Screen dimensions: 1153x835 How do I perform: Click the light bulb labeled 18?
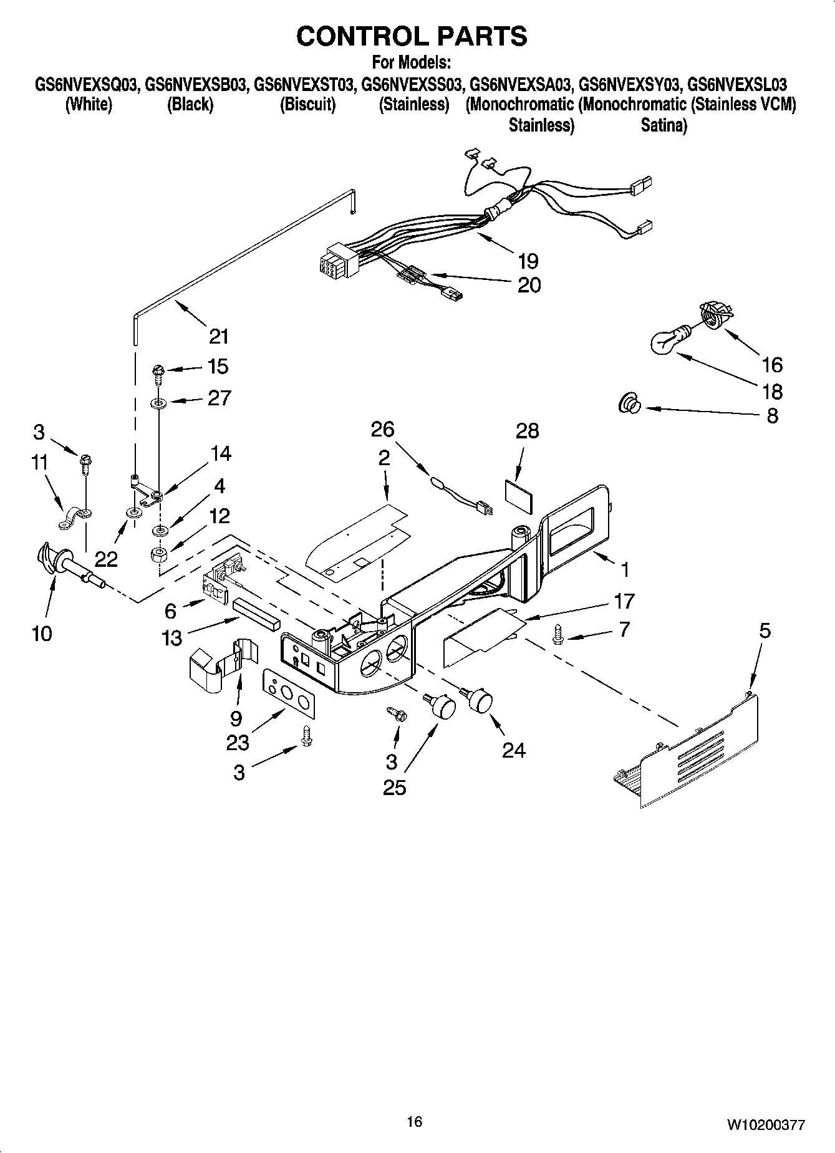pos(666,341)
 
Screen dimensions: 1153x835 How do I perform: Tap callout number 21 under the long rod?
pos(218,337)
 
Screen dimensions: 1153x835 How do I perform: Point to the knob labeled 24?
pos(479,700)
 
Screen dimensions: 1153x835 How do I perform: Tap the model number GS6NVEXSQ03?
pos(86,84)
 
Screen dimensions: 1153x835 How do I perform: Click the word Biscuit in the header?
pos(307,104)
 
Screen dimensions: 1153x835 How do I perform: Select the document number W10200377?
pos(765,1125)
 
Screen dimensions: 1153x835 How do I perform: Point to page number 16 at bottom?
pos(414,1122)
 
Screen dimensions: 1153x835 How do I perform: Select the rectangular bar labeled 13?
pos(257,614)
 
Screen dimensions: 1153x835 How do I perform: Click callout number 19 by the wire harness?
pos(528,261)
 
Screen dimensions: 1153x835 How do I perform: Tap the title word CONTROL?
pos(355,36)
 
